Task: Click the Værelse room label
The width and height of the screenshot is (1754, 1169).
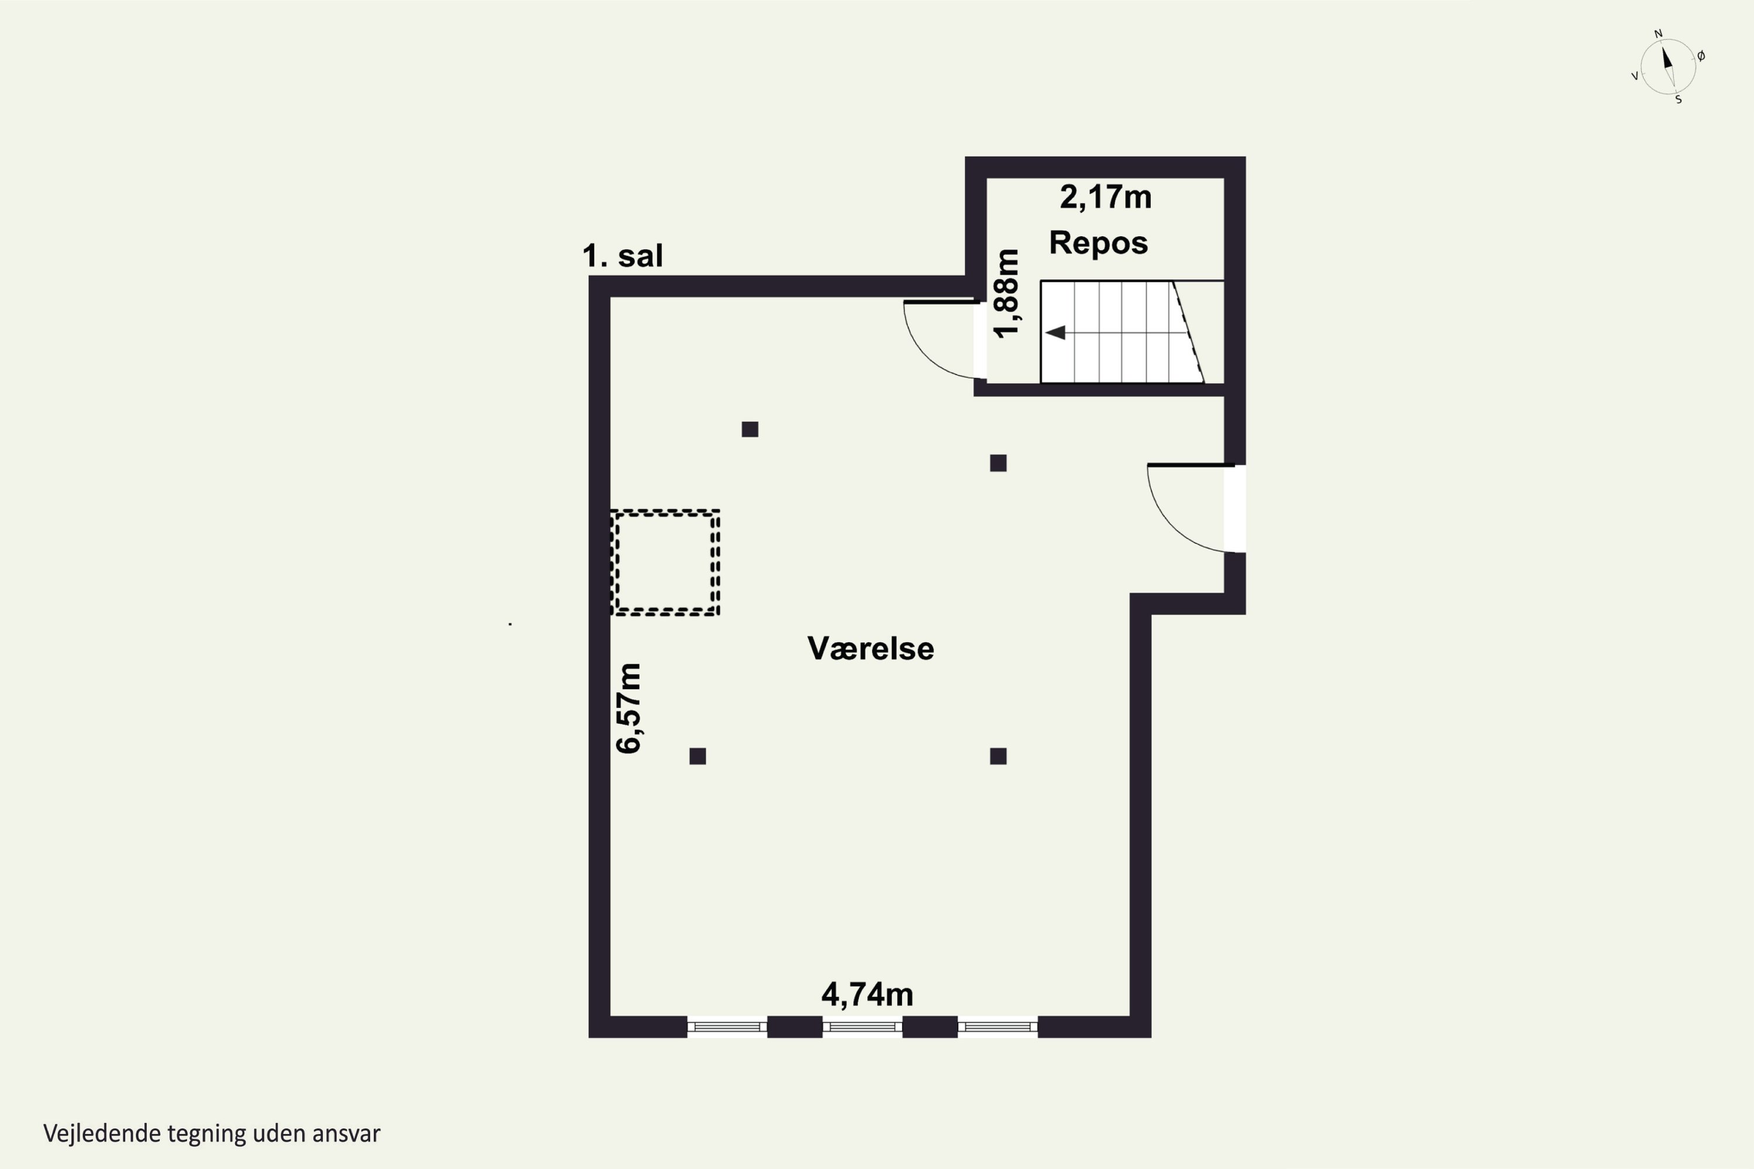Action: [x=871, y=649]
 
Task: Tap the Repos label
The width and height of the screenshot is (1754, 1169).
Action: [x=1099, y=243]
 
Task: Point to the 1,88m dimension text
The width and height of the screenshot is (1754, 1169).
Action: [x=1007, y=294]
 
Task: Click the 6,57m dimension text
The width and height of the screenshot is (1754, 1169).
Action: [x=629, y=708]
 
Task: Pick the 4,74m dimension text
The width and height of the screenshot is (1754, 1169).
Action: [x=867, y=994]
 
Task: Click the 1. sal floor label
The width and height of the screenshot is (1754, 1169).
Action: [x=622, y=256]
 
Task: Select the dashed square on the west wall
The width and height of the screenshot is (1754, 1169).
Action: [x=664, y=562]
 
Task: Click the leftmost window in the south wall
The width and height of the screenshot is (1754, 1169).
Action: [x=727, y=1026]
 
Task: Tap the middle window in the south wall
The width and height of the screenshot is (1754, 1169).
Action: [x=863, y=1026]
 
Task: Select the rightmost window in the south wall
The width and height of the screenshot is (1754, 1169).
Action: [x=998, y=1026]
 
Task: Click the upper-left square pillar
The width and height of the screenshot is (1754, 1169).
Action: [x=750, y=430]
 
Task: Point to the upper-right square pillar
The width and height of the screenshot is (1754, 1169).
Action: [x=999, y=463]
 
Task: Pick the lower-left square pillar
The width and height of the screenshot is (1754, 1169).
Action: [x=698, y=756]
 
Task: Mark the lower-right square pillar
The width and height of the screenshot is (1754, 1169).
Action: [x=999, y=756]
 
